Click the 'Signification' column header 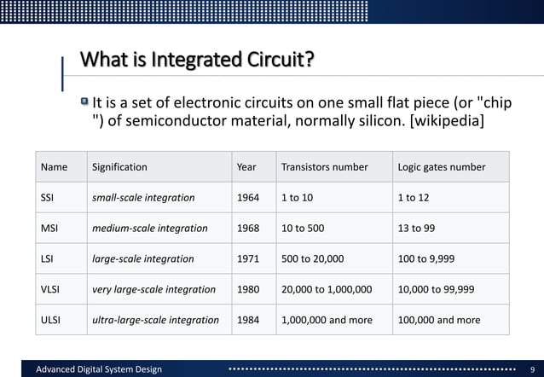point(119,167)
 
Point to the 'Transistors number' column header point(324,167)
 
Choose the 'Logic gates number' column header point(442,167)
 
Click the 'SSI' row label point(48,198)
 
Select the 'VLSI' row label point(51,289)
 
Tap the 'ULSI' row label point(52,320)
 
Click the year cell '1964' point(248,198)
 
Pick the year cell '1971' point(248,258)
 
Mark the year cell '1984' point(248,320)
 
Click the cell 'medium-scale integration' point(149,229)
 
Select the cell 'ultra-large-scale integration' point(154,320)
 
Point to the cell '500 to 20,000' point(312,258)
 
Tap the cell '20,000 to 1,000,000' point(327,289)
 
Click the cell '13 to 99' point(416,229)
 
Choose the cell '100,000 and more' point(439,320)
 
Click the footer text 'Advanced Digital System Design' point(98,368)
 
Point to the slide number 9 point(530,368)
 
